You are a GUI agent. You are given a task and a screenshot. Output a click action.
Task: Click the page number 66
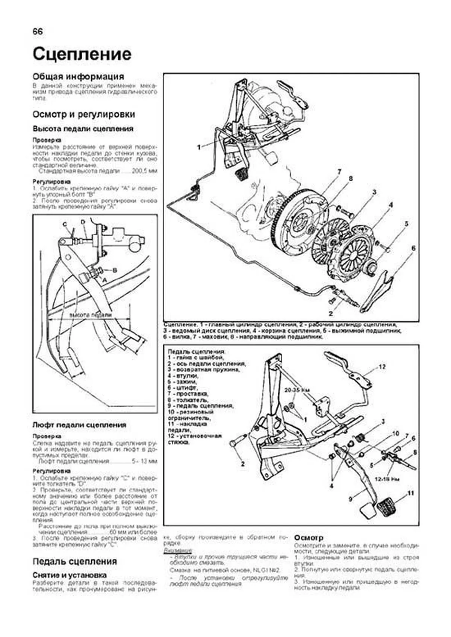pos(38,32)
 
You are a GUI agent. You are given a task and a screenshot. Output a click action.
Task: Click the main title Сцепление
pos(82,54)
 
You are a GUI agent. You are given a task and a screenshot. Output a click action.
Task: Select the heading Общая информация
pos(78,77)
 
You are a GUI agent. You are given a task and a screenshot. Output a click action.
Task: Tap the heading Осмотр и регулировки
pos(83,114)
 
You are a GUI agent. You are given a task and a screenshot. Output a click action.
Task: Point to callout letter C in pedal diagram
pos(65,224)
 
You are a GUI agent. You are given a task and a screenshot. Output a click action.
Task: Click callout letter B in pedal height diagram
pos(115,270)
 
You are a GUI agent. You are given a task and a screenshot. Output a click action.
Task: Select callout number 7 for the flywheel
pos(339,172)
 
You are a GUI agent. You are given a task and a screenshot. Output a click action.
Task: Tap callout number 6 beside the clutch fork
pos(413,248)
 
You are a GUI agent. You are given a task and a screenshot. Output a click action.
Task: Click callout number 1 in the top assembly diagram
pos(199,148)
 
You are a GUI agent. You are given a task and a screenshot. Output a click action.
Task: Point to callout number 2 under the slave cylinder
pos(331,313)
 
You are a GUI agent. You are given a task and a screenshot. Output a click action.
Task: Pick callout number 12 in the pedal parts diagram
pos(382,367)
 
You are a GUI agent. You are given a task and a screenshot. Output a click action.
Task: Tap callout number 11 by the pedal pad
pos(411,493)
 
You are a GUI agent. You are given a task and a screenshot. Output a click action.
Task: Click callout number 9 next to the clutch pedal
pos(350,499)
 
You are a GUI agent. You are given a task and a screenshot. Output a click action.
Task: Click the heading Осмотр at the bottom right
pos(309,538)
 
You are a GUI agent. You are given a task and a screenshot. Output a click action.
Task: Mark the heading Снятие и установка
pos(70,575)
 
